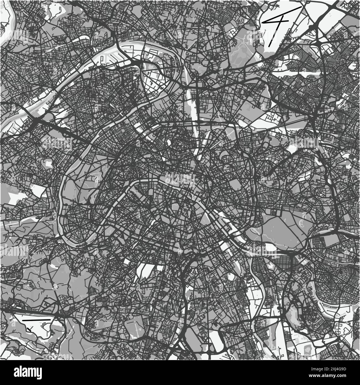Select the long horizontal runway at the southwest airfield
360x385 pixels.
point(36,320)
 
